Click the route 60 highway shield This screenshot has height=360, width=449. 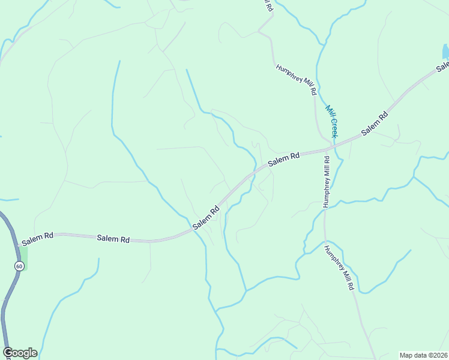(x=19, y=266)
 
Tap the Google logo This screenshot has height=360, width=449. (x=20, y=353)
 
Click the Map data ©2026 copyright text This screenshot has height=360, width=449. (x=424, y=355)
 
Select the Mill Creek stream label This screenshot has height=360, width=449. (x=332, y=122)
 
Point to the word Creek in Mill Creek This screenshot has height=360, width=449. (x=334, y=127)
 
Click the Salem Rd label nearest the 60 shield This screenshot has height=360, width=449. (x=37, y=239)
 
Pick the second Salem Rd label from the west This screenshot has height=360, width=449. (x=113, y=239)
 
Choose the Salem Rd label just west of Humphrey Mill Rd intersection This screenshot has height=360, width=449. (x=283, y=160)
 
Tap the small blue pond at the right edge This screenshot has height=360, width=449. (x=446, y=52)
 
